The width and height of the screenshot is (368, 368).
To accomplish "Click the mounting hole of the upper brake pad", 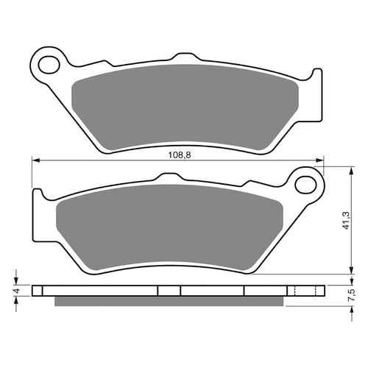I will click(x=51, y=62).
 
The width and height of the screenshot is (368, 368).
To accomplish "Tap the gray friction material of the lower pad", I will click(x=169, y=224).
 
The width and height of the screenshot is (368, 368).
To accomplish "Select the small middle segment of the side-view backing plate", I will click(x=170, y=290).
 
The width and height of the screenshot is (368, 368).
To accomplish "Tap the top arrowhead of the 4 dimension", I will click(x=16, y=283).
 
